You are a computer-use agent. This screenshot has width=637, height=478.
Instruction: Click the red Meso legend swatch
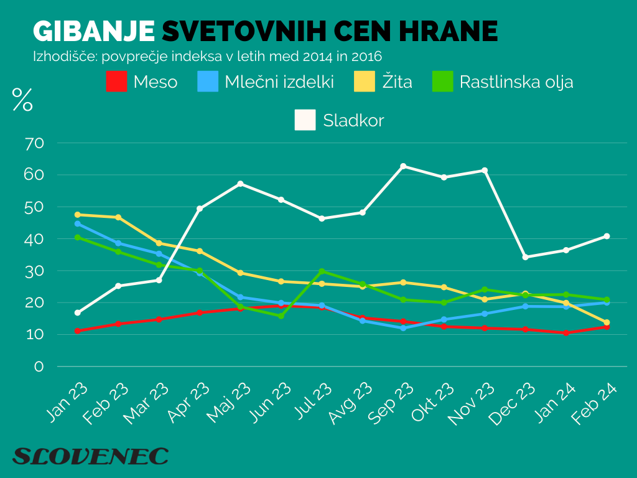116,82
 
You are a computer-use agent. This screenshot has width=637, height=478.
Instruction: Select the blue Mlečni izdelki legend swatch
208,82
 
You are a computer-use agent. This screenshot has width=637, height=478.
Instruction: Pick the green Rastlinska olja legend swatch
442,82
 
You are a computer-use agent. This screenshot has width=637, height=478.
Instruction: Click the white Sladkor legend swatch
305,120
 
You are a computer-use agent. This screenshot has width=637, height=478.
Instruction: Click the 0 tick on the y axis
39,367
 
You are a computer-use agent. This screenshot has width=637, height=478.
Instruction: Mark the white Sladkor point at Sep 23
403,166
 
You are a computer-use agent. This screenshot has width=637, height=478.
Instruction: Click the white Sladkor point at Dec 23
526,257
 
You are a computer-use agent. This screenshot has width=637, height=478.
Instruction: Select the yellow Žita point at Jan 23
77,215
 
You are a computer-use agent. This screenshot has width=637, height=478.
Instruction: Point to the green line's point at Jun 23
281,316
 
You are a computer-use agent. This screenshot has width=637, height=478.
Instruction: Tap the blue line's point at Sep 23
403,328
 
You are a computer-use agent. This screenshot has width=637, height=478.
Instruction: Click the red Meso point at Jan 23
77,330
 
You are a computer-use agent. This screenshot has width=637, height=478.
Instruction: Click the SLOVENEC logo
90,456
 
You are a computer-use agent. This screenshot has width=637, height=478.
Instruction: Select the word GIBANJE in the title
93,31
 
